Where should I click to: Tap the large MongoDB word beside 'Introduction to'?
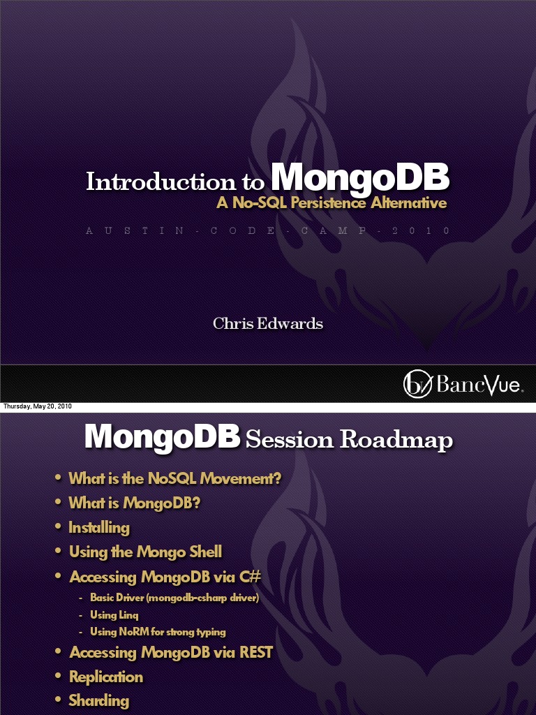click(359, 179)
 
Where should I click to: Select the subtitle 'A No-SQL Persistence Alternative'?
click(331, 204)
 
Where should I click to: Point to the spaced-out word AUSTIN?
click(130, 230)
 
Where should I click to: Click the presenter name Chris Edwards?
click(268, 323)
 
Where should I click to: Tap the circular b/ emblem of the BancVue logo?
click(416, 385)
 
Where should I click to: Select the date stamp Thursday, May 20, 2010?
click(37, 406)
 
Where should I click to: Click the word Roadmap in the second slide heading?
click(396, 440)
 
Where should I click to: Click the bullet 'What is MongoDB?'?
click(134, 503)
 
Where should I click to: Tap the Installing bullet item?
click(99, 528)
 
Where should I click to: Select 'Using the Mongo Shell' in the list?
click(145, 552)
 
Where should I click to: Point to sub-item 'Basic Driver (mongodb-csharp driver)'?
click(174, 598)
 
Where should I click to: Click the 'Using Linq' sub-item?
click(114, 615)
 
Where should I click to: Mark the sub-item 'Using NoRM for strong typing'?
click(158, 632)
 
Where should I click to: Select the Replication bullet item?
click(106, 677)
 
